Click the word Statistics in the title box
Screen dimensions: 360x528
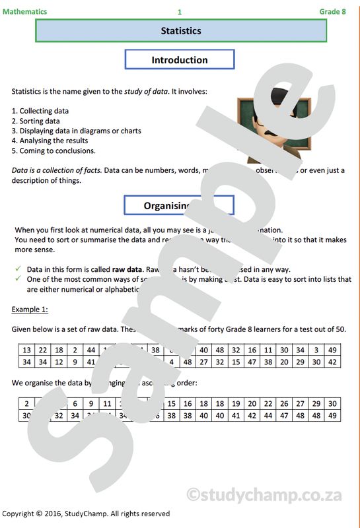pos(180,31)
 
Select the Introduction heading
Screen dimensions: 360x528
pos(180,60)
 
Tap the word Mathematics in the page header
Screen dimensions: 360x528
pos(24,11)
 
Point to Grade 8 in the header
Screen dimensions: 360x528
pos(332,11)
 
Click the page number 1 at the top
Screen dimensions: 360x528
pos(179,12)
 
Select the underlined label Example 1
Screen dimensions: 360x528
pos(30,309)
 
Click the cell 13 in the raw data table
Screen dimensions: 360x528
pos(26,350)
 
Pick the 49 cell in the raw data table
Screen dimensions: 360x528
pos(332,350)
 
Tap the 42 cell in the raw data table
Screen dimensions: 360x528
pos(332,362)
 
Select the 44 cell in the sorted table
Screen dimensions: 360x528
pos(268,416)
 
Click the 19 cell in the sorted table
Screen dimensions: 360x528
pos(236,403)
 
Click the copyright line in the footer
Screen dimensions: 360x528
pos(86,513)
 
